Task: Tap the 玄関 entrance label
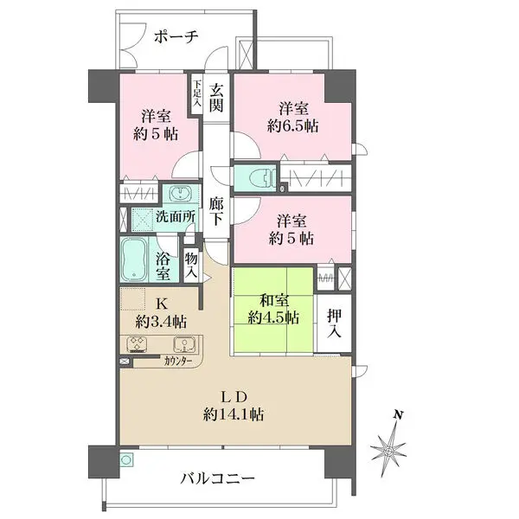click(216, 94)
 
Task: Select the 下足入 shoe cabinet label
click(197, 94)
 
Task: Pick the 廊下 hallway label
click(216, 212)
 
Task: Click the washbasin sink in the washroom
click(183, 194)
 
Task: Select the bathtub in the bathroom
click(134, 259)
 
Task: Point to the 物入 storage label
click(191, 264)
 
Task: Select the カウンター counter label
click(179, 361)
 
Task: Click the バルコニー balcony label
click(217, 477)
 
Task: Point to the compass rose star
click(389, 451)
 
